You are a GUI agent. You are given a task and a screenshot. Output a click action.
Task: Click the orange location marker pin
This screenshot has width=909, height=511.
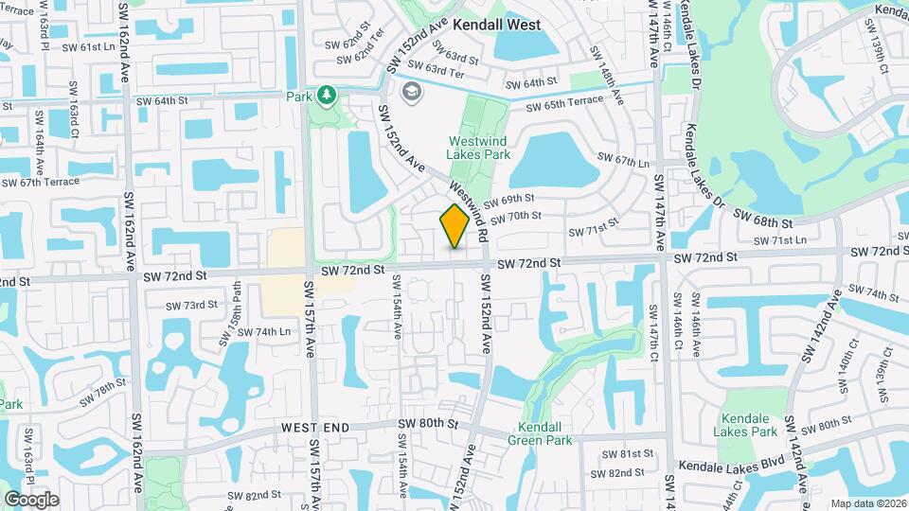454,226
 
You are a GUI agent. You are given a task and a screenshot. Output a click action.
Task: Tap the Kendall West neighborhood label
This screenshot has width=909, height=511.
496,25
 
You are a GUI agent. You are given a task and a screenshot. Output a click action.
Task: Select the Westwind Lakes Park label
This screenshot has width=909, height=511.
479,148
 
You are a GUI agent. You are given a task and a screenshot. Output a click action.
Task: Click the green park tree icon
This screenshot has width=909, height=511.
327,96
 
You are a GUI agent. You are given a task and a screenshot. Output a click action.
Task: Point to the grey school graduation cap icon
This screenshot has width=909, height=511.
412,91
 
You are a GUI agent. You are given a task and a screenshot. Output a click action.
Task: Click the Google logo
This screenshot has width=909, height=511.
31,499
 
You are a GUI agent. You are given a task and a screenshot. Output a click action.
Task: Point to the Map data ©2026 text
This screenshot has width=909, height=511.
866,503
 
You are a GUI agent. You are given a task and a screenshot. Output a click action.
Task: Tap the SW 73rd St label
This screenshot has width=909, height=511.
192,305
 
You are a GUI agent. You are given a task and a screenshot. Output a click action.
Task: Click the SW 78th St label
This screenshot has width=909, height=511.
103,391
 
